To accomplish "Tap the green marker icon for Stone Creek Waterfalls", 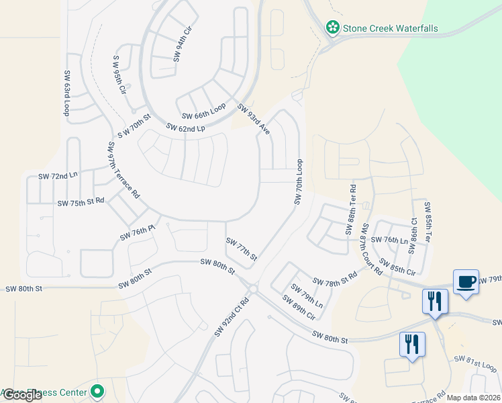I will pyautogui.click(x=332, y=28).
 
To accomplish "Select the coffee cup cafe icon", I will pyautogui.click(x=465, y=281).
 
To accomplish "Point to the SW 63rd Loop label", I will pyautogui.click(x=67, y=93).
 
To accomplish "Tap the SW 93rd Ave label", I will pyautogui.click(x=254, y=119).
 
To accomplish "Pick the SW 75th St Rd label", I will pyautogui.click(x=81, y=202).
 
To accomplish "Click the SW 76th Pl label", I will pyautogui.click(x=138, y=232).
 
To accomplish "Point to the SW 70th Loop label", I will pyautogui.click(x=299, y=183).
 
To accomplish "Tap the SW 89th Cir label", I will pyautogui.click(x=299, y=308).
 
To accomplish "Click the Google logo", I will pyautogui.click(x=21, y=395).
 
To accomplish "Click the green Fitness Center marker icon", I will pyautogui.click(x=98, y=391).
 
